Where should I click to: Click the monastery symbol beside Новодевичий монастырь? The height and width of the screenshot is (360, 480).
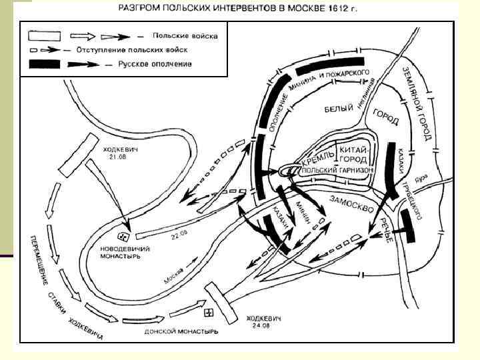tap(123, 236)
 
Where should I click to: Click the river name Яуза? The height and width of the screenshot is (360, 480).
tap(419, 180)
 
